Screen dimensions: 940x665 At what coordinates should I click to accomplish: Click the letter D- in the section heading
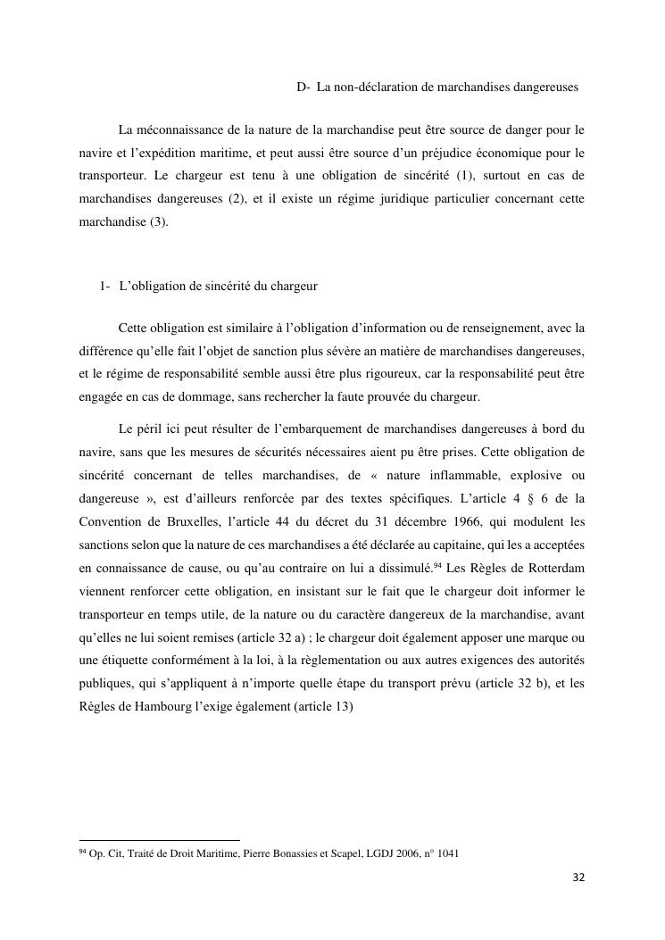(303, 87)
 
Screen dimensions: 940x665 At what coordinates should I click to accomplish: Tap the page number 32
(578, 878)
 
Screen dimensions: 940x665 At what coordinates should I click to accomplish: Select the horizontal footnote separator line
(160, 840)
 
